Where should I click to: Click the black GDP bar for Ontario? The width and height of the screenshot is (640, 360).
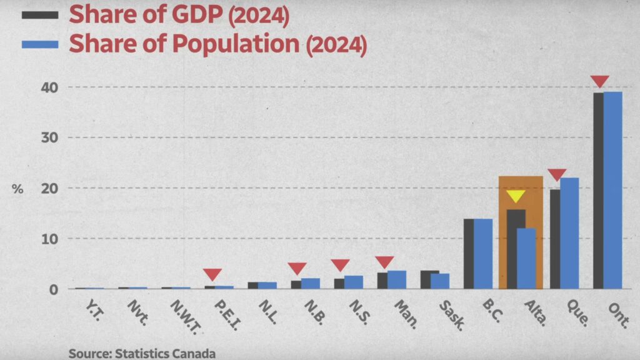tap(598, 191)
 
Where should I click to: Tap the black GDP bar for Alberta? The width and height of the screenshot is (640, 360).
tap(516, 249)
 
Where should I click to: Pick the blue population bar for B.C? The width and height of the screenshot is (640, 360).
tap(483, 254)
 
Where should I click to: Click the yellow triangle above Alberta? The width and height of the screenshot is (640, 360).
tap(516, 196)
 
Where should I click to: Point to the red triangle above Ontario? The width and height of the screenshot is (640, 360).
tap(599, 81)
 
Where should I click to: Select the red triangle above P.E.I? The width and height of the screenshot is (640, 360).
tap(212, 274)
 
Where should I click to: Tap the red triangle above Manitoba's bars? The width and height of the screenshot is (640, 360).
tap(384, 262)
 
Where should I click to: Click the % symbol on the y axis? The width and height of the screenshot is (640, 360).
tap(17, 189)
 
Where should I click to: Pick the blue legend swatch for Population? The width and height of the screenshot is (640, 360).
tap(40, 44)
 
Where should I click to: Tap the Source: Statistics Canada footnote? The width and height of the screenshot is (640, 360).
tap(142, 354)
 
